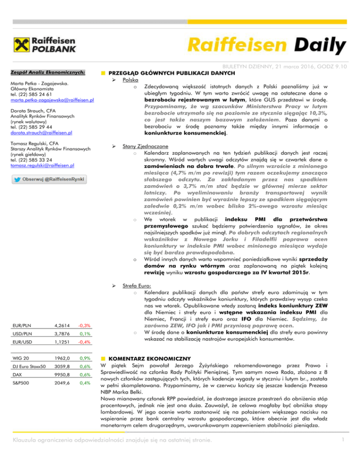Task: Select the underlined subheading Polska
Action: point(130,80)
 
